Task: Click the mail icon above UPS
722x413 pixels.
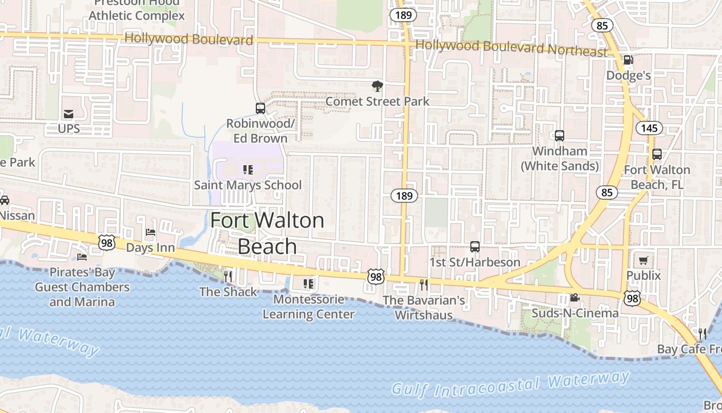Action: [68, 114]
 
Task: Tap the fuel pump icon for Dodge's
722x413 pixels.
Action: [628, 60]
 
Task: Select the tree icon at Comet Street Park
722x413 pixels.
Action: [378, 86]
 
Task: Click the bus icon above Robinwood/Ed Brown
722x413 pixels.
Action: [260, 108]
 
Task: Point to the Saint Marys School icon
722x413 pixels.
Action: [248, 170]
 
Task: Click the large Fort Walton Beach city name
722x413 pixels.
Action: [267, 233]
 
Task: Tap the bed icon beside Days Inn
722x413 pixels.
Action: [151, 232]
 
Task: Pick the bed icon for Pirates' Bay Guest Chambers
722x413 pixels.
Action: [81, 257]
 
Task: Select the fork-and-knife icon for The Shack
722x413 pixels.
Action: [228, 277]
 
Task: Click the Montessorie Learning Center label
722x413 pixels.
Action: [308, 307]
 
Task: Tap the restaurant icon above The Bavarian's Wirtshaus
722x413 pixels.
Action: [424, 285]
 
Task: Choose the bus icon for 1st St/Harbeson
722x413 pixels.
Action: [475, 247]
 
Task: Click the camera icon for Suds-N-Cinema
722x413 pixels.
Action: [575, 298]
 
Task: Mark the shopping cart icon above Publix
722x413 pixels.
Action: [643, 261]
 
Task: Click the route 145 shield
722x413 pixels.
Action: [649, 128]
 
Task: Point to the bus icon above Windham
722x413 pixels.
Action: [560, 136]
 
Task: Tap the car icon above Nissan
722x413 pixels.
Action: [4, 200]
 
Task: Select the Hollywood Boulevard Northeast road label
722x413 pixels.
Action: [512, 48]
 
